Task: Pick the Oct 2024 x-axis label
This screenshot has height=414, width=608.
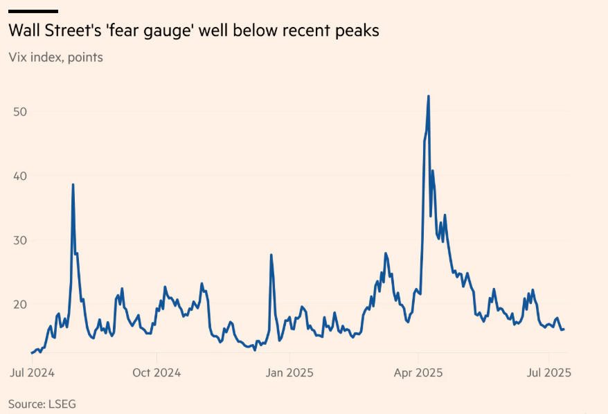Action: click(157, 372)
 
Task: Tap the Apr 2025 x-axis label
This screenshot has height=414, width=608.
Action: click(419, 372)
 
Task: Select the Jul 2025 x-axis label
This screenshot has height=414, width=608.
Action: click(549, 372)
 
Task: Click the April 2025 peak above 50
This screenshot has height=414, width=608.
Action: click(429, 96)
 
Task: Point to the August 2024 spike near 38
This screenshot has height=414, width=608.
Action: click(73, 185)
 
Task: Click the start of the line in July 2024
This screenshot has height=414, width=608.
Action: click(32, 353)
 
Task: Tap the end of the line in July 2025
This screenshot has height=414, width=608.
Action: click(564, 329)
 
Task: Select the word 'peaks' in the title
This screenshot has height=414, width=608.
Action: click(359, 32)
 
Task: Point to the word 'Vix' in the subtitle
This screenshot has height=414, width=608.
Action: click(19, 57)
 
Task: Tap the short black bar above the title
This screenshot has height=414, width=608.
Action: click(33, 11)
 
